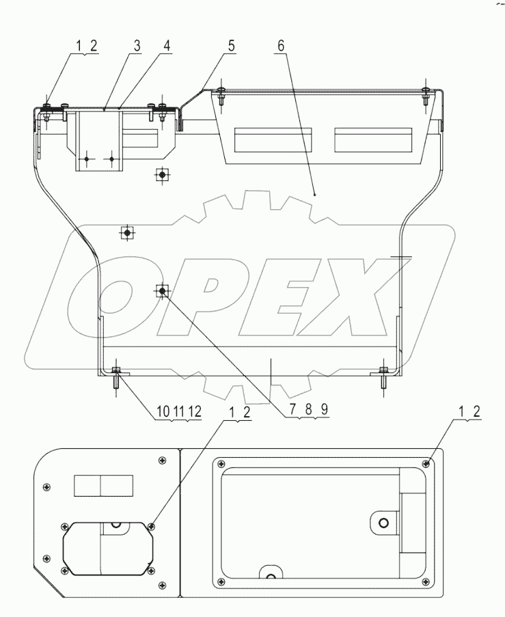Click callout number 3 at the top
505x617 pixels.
pyautogui.click(x=137, y=46)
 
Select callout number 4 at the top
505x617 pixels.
pyautogui.click(x=167, y=46)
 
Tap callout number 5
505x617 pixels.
pyautogui.click(x=232, y=46)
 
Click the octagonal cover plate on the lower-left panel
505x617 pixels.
pyautogui.click(x=106, y=546)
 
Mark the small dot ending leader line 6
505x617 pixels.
pyautogui.click(x=314, y=195)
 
